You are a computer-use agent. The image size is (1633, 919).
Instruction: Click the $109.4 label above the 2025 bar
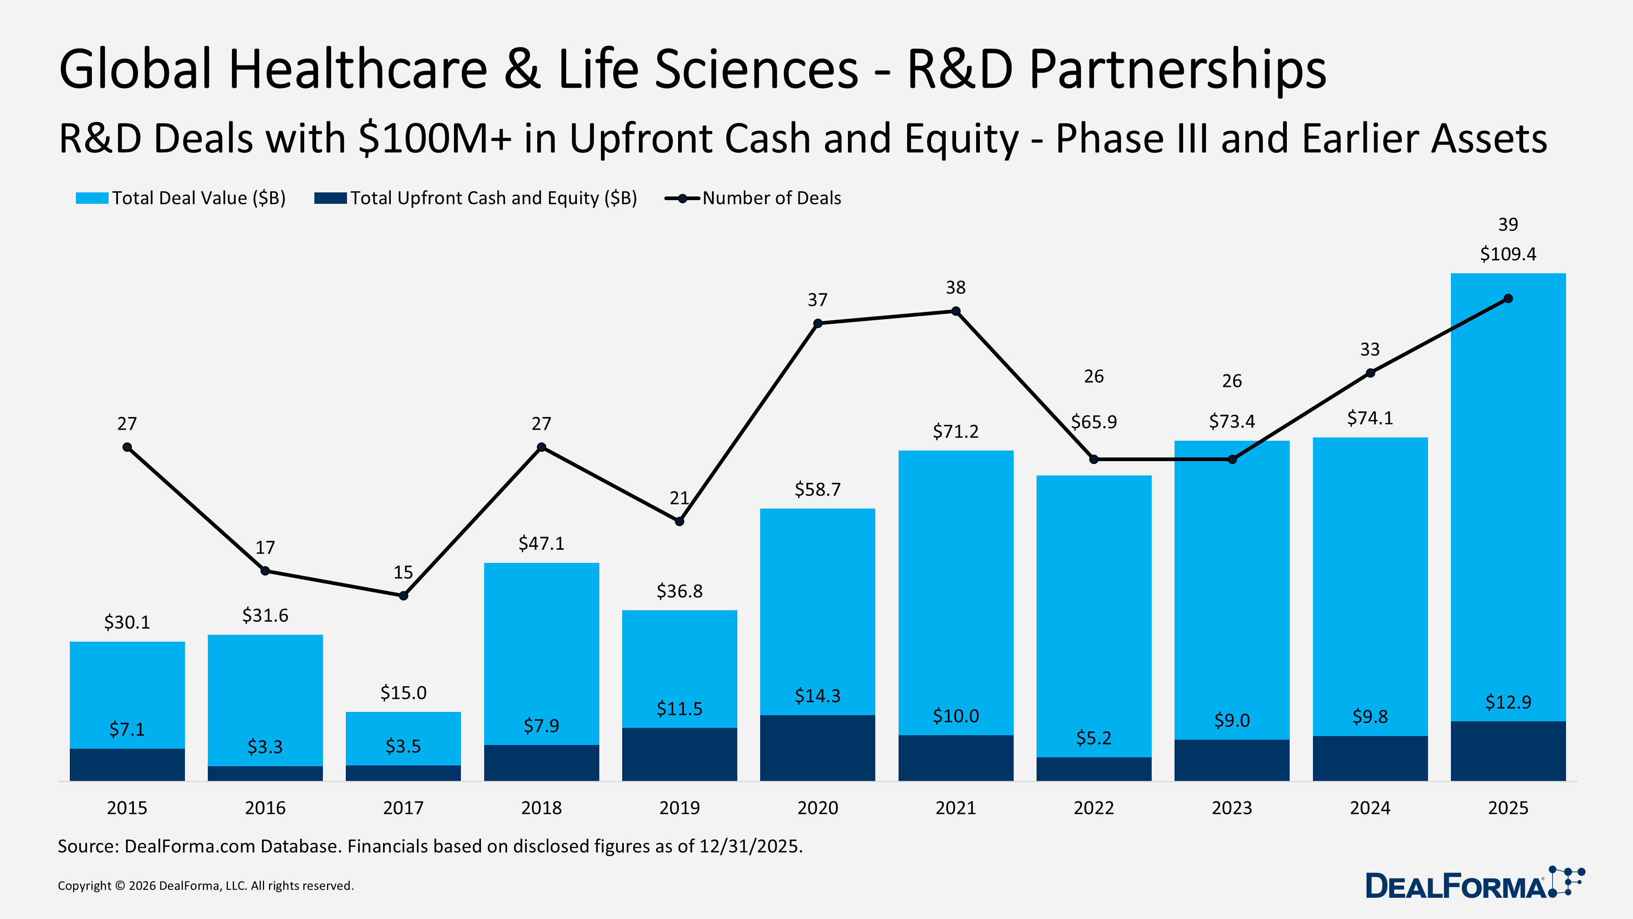coord(1508,254)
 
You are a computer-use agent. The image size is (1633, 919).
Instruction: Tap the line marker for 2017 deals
coord(403,596)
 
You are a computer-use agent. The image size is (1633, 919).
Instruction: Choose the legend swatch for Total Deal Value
coord(92,199)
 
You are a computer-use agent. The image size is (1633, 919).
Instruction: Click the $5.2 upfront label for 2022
coord(1094,738)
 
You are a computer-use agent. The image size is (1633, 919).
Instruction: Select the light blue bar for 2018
coord(541,653)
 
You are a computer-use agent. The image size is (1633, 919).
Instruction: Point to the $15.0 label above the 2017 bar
coord(403,693)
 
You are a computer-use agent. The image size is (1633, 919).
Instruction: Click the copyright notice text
coord(205,886)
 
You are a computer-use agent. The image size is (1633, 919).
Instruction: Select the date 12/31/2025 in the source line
coord(751,847)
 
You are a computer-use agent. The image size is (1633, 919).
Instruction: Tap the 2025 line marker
coord(1508,299)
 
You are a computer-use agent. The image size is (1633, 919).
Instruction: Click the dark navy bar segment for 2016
coord(265,773)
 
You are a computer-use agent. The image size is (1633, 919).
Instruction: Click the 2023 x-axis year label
coord(1231,808)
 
